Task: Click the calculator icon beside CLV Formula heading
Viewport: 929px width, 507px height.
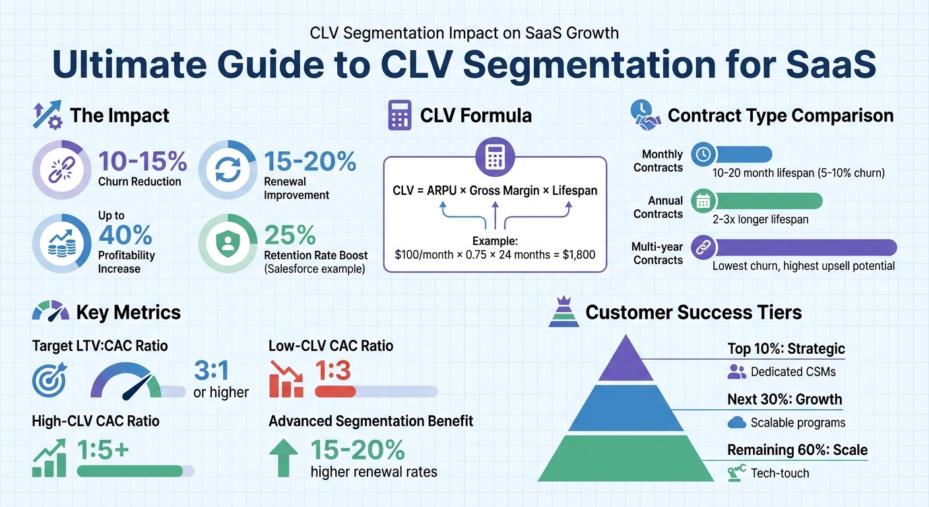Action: (399, 116)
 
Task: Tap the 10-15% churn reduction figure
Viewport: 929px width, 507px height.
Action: (143, 162)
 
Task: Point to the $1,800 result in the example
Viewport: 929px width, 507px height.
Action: (571, 254)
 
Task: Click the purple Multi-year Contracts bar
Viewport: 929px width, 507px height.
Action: (806, 248)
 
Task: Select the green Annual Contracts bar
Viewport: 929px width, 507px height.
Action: (768, 201)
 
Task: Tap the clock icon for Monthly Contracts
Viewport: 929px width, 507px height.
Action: (703, 154)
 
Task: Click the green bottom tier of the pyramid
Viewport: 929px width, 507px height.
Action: (624, 457)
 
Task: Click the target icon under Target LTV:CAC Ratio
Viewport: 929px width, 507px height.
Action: (48, 381)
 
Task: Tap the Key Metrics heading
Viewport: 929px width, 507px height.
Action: (128, 312)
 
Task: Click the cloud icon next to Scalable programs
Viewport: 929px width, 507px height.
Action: (736, 422)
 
